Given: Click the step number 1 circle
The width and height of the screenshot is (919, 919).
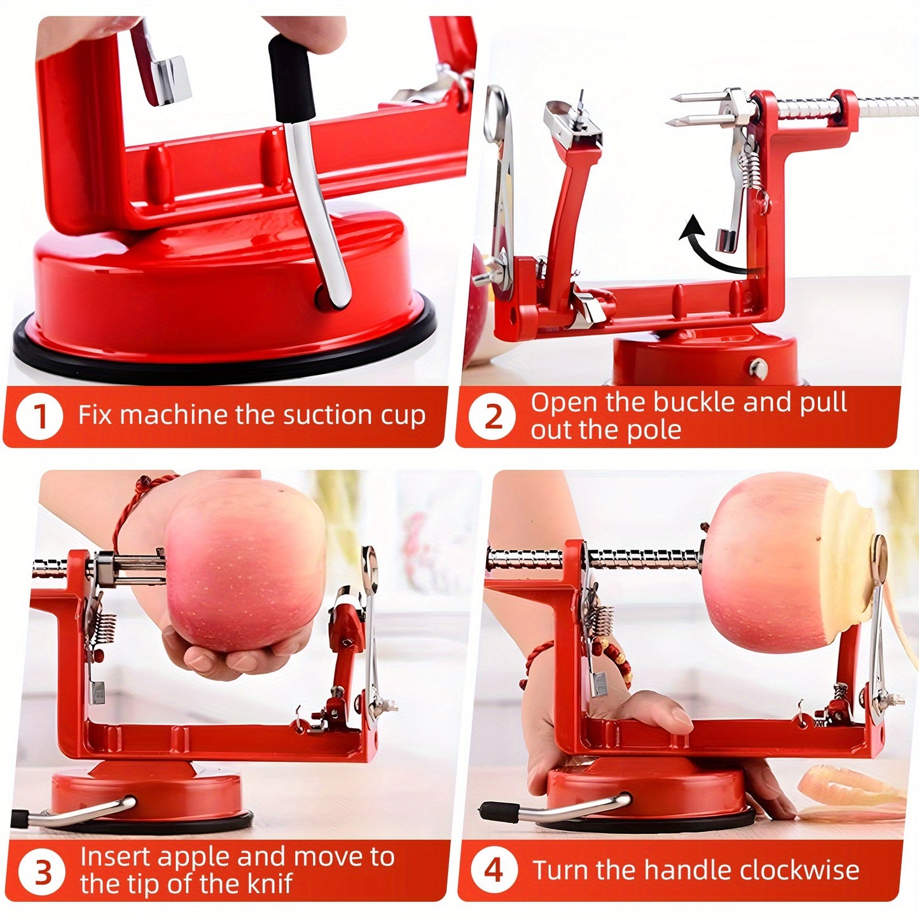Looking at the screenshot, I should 39,417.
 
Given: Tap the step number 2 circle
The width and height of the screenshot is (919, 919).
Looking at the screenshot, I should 494,417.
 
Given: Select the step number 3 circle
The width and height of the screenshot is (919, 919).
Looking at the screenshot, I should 42,872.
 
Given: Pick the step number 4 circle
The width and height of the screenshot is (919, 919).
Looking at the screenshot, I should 494,870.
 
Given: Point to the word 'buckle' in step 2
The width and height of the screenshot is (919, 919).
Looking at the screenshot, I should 695,403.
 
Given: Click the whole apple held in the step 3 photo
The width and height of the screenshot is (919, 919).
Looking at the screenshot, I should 245,566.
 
